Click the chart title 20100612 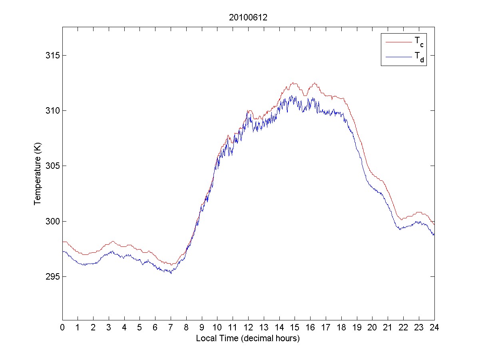pyautogui.click(x=248, y=18)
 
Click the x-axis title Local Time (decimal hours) pyautogui.click(x=248, y=338)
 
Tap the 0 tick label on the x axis pyautogui.click(x=62, y=327)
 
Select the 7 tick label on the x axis pyautogui.click(x=171, y=327)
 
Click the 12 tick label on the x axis pyautogui.click(x=248, y=327)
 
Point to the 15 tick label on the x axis pyautogui.click(x=295, y=327)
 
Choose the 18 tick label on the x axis pyautogui.click(x=341, y=327)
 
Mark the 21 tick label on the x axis pyautogui.click(x=388, y=327)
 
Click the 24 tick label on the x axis pyautogui.click(x=434, y=327)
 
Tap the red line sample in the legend pyautogui.click(x=398, y=41)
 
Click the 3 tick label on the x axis pyautogui.click(x=109, y=327)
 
